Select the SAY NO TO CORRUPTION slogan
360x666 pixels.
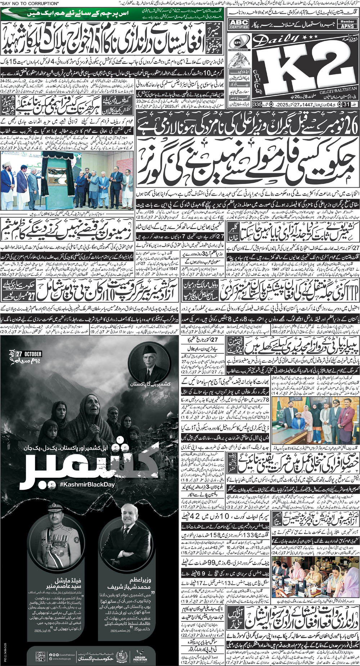coord(30,3)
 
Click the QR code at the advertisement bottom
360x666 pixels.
coord(40,654)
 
